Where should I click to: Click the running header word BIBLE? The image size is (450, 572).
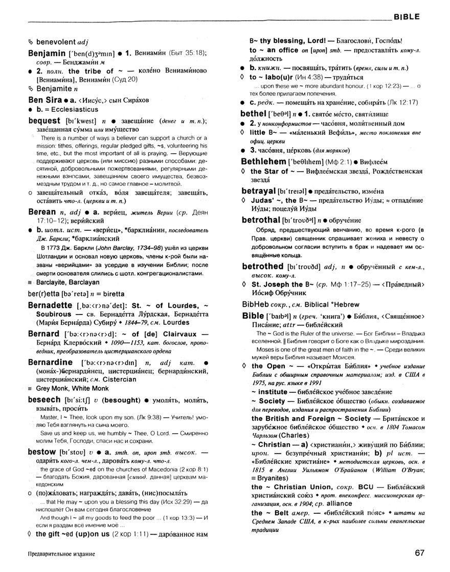[407, 17]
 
